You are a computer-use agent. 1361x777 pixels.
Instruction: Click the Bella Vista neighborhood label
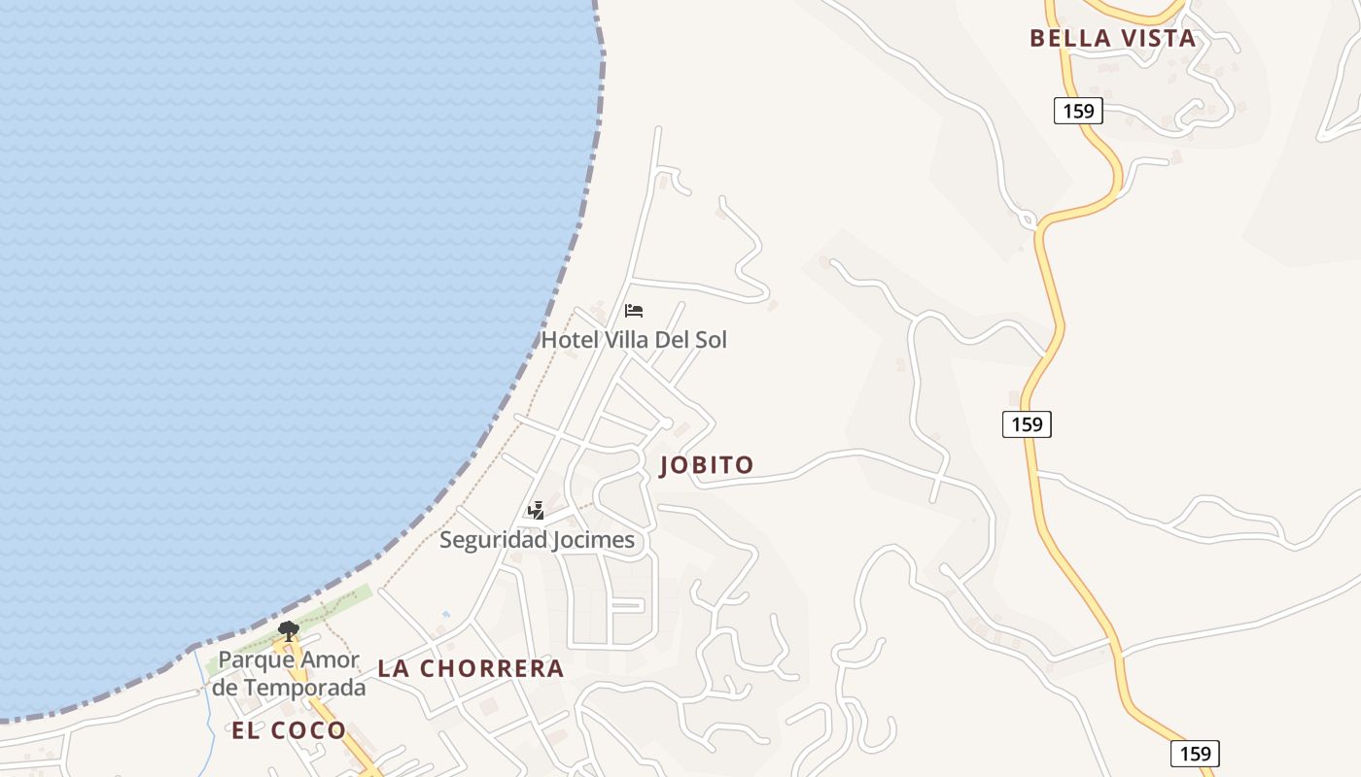pos(1112,39)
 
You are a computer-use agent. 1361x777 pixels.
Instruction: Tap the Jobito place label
pos(707,465)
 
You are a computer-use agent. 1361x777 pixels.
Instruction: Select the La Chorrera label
pos(471,668)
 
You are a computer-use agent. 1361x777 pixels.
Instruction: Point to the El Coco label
pos(289,731)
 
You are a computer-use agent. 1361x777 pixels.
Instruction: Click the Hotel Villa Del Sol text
pos(634,340)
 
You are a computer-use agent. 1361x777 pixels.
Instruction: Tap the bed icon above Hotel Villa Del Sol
pos(634,311)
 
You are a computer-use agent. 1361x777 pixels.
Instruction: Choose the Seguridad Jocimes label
pos(537,540)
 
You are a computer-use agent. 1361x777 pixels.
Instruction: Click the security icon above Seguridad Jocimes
pos(536,510)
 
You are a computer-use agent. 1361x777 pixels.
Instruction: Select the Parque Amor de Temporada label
pos(290,673)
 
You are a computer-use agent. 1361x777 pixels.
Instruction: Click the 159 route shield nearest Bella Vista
pos(1078,111)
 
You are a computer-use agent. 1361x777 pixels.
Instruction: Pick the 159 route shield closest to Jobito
pos(1027,423)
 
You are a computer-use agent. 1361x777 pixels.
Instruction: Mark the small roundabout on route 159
pos(1028,221)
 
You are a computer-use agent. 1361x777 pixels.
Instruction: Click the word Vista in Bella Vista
pos(1157,39)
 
